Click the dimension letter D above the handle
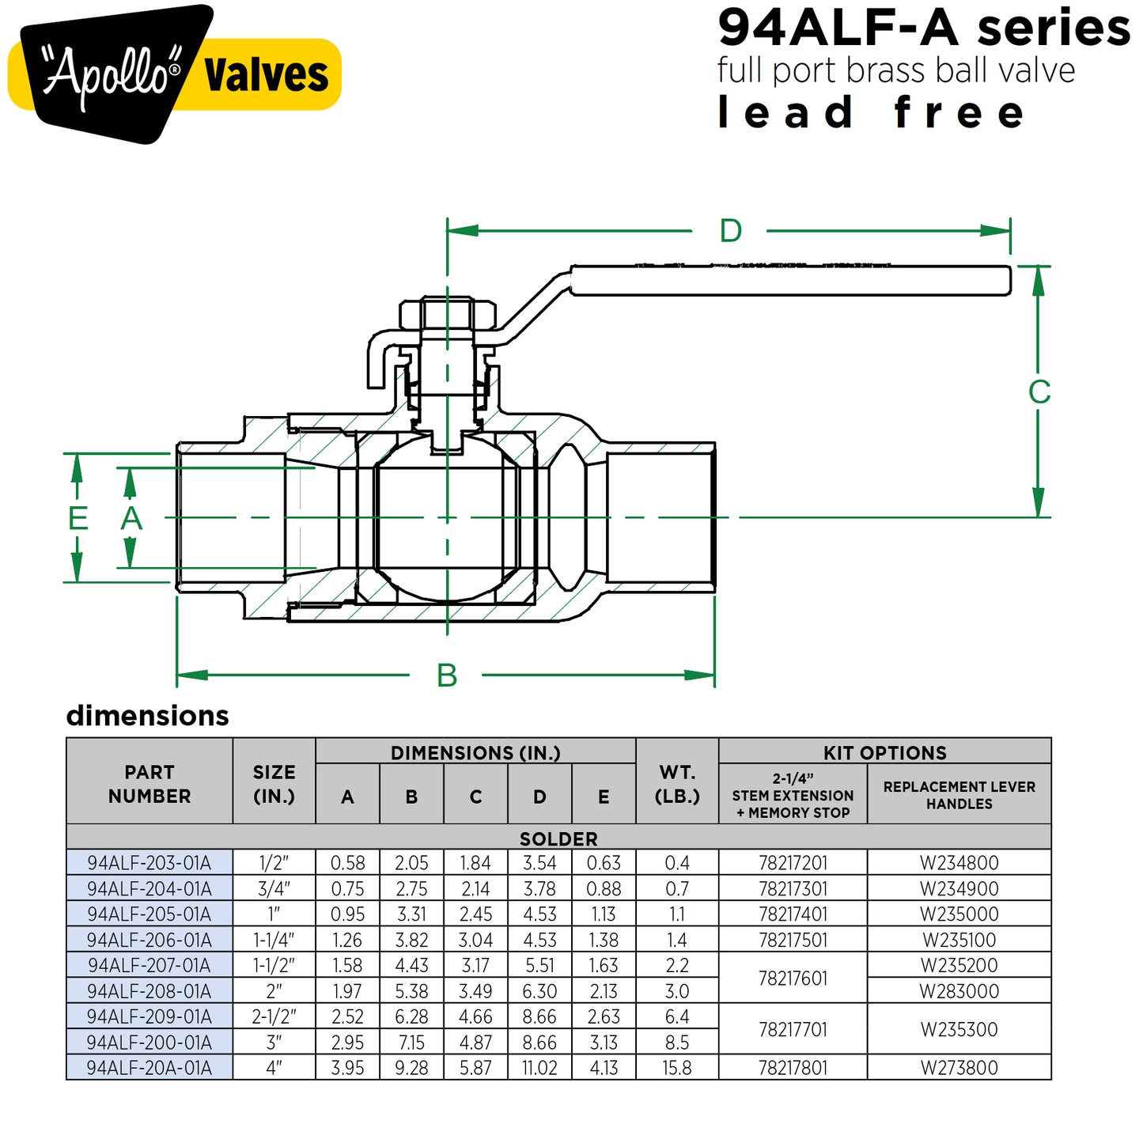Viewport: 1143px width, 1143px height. click(730, 231)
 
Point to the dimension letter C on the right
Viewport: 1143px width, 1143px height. click(1039, 392)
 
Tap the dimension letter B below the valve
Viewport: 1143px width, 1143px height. click(447, 676)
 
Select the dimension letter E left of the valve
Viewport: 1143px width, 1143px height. click(78, 518)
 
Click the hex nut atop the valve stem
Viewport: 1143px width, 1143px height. click(448, 313)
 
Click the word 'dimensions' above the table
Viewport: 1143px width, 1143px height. click(148, 715)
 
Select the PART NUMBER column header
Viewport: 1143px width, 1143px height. click(149, 784)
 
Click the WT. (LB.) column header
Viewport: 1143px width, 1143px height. click(677, 784)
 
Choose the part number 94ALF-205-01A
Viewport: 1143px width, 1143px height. click(149, 914)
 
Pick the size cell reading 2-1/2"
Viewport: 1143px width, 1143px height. click(274, 1016)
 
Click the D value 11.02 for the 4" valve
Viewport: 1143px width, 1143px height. click(539, 1068)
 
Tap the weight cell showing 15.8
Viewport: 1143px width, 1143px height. click(677, 1068)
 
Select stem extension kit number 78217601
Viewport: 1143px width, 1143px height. click(793, 978)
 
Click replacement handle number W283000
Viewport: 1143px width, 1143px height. click(959, 991)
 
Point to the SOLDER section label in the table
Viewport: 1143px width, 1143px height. click(558, 838)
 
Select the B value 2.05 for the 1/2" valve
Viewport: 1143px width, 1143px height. click(411, 863)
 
